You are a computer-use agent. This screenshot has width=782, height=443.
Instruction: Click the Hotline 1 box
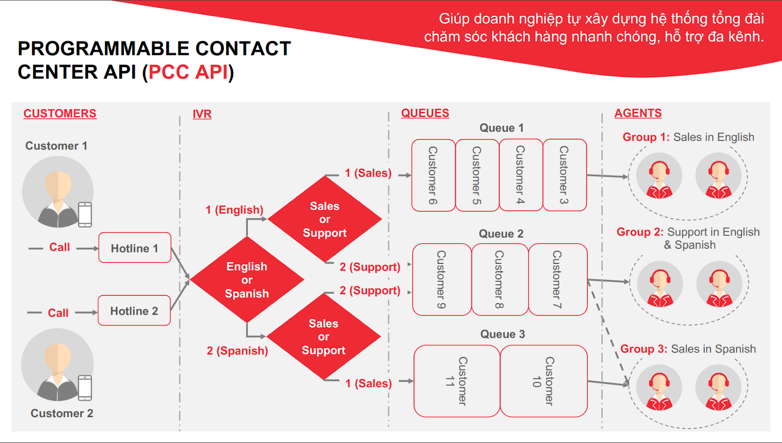click(x=135, y=248)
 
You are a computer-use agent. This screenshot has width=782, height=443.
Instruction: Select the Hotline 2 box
click(x=134, y=310)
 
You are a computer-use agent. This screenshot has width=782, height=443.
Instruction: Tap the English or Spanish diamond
click(x=247, y=280)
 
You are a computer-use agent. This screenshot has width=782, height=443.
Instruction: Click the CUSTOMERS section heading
click(x=60, y=114)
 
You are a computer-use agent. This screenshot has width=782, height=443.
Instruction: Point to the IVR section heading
click(x=202, y=114)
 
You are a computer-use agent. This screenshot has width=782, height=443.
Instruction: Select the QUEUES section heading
click(x=425, y=114)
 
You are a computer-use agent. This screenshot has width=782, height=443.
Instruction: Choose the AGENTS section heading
click(x=638, y=114)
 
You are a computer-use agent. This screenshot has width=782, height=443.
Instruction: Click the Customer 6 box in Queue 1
click(x=434, y=175)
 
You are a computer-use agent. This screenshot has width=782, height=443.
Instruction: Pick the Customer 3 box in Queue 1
click(x=565, y=175)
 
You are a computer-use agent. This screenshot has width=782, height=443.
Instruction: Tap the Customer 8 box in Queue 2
click(x=500, y=280)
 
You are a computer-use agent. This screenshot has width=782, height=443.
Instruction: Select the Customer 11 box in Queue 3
click(x=456, y=381)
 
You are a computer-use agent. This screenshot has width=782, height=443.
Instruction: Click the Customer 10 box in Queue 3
click(x=543, y=381)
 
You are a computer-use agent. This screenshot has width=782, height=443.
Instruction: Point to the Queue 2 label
click(x=501, y=234)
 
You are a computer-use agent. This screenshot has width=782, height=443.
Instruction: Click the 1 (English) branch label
click(x=234, y=210)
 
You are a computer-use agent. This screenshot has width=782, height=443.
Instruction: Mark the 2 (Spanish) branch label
click(x=237, y=351)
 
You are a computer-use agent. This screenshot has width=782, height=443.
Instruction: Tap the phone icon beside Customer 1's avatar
click(x=85, y=215)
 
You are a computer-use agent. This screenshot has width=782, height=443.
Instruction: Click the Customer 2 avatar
click(x=57, y=365)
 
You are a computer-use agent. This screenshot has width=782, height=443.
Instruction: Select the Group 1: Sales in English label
click(x=688, y=137)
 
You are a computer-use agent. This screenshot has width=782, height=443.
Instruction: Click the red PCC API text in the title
click(x=188, y=72)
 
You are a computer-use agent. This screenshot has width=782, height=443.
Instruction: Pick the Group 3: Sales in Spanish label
click(x=688, y=349)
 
